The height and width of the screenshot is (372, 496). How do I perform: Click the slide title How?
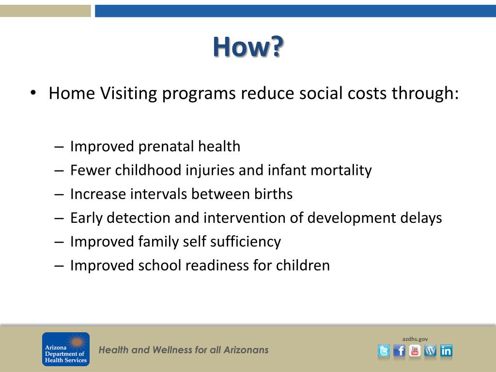point(248,47)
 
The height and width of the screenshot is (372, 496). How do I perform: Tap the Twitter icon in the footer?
point(384,351)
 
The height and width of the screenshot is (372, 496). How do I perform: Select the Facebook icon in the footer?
point(399,351)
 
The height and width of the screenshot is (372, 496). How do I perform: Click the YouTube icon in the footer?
point(415,351)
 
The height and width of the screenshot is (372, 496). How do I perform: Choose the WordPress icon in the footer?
point(430,351)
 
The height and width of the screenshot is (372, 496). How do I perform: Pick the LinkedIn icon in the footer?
point(446,351)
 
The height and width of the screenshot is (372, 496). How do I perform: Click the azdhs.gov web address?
point(415,339)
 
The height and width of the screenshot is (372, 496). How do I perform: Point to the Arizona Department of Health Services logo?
point(66,349)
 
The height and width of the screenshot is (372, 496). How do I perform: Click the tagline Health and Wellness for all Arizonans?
point(184,350)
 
